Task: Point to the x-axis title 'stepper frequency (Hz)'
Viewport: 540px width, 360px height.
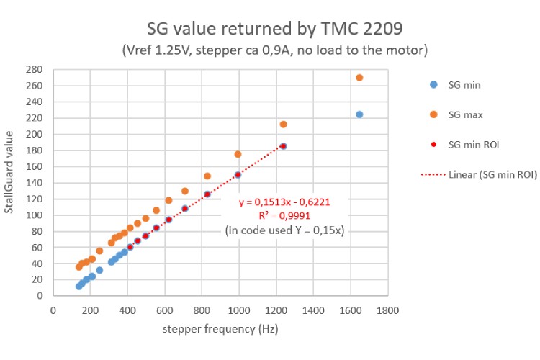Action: pos(220,328)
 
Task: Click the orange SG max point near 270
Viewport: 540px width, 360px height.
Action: pos(359,78)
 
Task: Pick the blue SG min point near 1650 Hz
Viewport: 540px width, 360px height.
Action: pos(359,114)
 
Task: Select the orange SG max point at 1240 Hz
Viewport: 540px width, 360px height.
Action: pos(284,125)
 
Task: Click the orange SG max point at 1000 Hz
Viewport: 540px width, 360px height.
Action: pos(238,154)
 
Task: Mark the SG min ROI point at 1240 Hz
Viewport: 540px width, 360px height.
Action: pos(284,146)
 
